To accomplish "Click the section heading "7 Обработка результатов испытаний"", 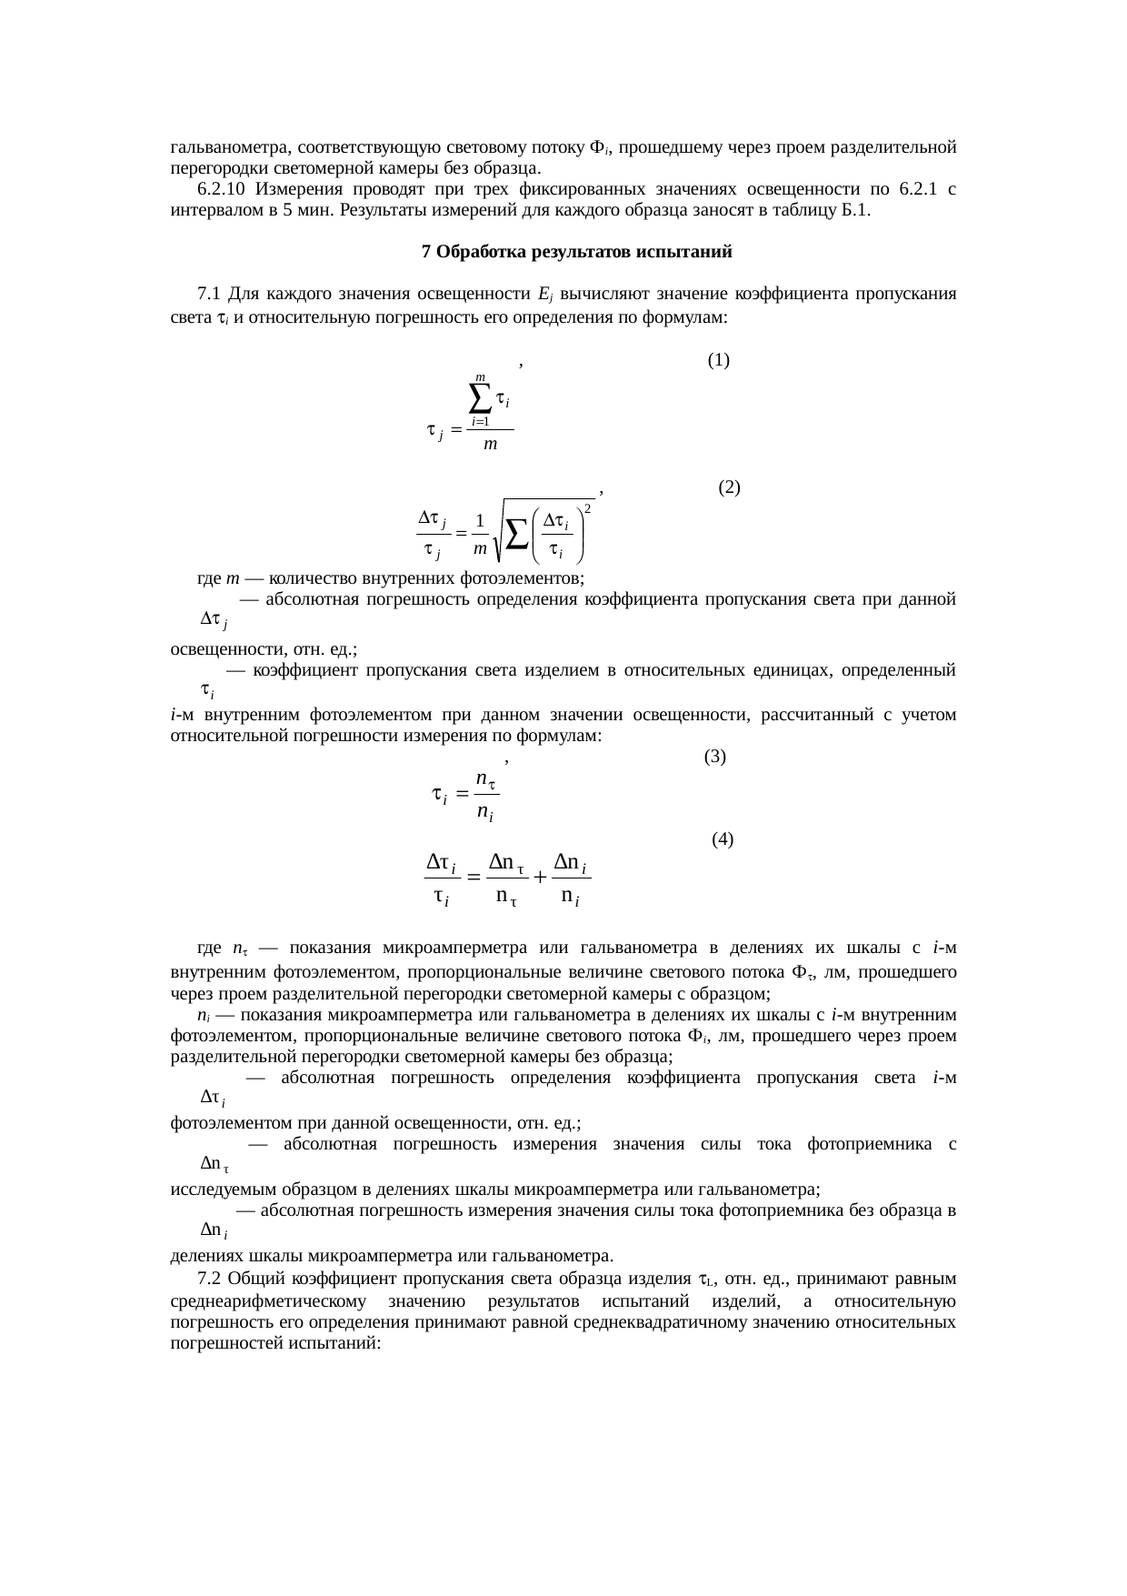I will click(577, 252).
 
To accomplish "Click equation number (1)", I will click(718, 360).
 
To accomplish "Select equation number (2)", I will click(729, 487).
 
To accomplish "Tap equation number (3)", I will click(714, 756).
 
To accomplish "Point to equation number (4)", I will click(723, 838).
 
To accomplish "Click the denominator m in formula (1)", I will click(489, 445).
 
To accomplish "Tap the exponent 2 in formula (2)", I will click(588, 508).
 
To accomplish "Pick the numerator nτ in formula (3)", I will click(485, 778).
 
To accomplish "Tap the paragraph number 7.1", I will click(208, 294).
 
